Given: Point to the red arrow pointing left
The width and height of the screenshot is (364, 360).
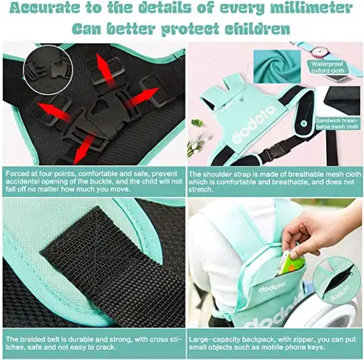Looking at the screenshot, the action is pos(54,111).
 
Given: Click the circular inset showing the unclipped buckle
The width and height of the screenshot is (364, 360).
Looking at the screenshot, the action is pos(48,70).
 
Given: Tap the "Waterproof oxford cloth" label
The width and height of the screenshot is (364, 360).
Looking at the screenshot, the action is pos(328,67).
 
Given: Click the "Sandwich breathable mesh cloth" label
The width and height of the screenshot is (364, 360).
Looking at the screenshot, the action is pos(337,124).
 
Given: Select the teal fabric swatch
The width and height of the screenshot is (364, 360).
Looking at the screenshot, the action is pos(277,66).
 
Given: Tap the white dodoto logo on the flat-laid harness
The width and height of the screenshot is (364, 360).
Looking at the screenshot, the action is pos(254,124).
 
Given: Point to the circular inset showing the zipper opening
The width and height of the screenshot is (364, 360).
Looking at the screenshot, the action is pos(336,281).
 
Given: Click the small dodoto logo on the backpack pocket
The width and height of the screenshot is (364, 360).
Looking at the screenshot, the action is pos(271,288).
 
